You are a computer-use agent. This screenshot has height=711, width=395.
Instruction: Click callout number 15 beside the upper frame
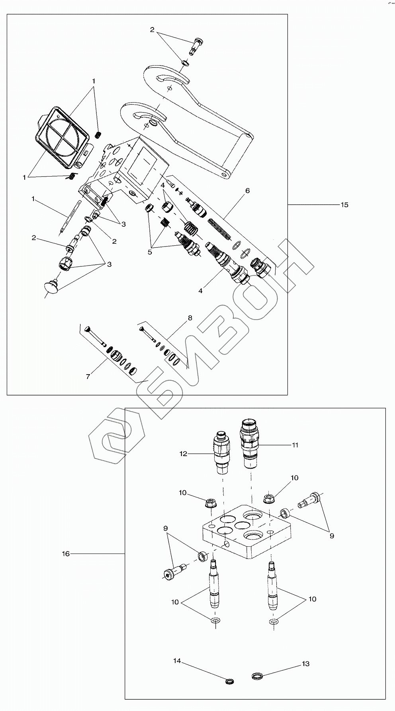(344, 205)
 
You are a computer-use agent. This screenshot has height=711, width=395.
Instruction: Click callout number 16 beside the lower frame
(66, 554)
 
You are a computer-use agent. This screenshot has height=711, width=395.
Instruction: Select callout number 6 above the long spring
(247, 191)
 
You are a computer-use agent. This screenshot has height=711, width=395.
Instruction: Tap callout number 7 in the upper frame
(88, 376)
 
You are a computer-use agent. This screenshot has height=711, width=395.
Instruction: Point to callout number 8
(190, 318)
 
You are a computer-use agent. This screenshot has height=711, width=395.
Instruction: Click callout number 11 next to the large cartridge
(295, 445)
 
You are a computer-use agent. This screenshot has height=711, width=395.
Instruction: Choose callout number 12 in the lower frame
(183, 454)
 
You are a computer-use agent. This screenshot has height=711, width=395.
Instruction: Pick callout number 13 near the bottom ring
(305, 664)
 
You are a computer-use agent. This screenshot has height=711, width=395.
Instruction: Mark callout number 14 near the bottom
(177, 661)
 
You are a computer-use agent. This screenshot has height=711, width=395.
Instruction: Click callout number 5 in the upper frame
(150, 252)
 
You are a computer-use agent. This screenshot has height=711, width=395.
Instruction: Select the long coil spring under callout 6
(220, 229)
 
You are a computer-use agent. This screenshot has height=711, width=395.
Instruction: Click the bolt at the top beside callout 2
(197, 45)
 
